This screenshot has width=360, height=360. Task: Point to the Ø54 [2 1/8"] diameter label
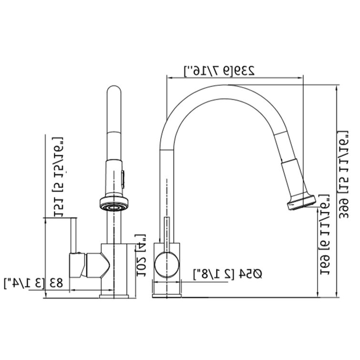click(x=228, y=274)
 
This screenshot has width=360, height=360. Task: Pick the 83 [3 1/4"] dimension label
click(x=33, y=283)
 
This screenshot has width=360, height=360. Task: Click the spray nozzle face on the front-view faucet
click(x=114, y=206)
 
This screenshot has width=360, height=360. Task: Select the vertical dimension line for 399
click(x=336, y=191)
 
